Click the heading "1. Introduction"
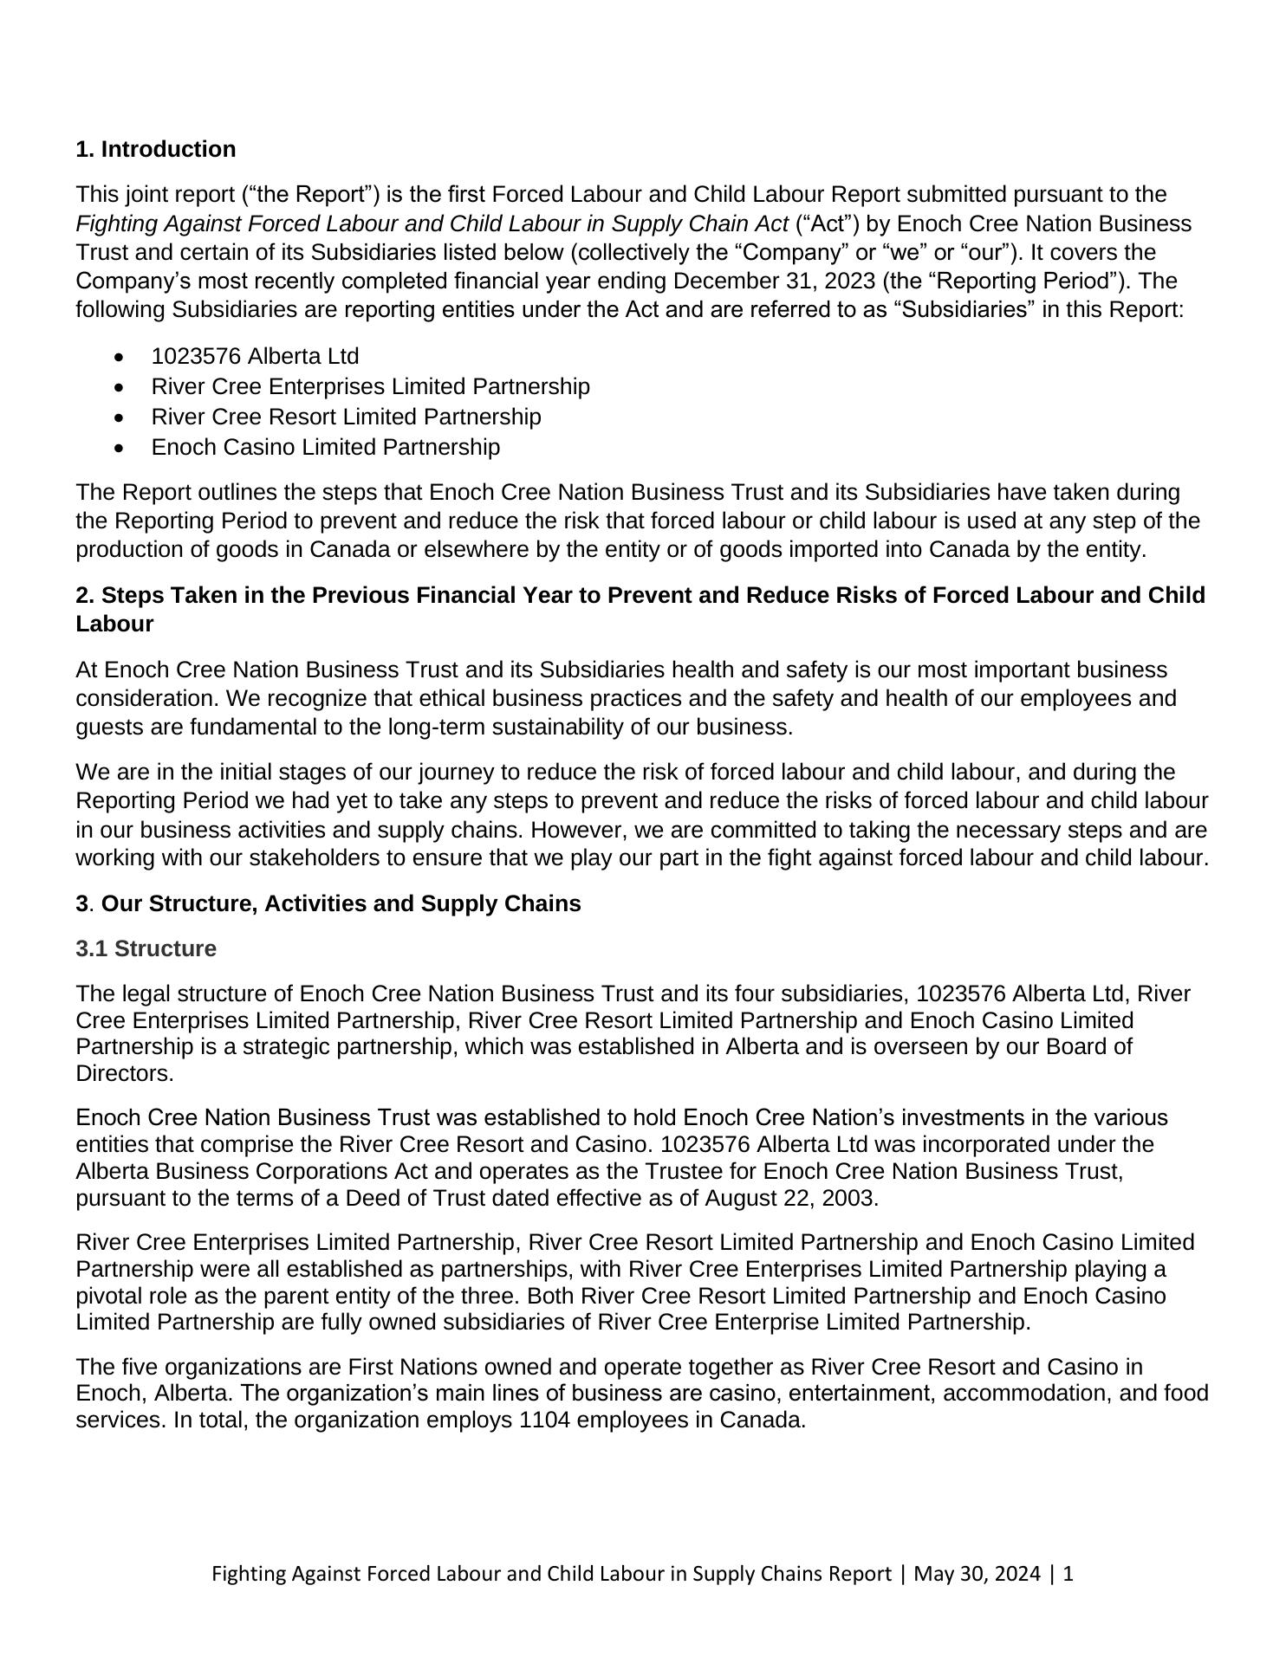pyautogui.click(x=156, y=150)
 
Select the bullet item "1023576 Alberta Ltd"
pyautogui.click(x=255, y=356)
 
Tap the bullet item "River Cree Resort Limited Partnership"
pyautogui.click(x=346, y=417)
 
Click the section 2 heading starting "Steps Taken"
pyautogui.click(x=640, y=596)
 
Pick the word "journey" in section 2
pyautogui.click(x=457, y=773)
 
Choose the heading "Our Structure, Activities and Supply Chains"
pyautogui.click(x=341, y=904)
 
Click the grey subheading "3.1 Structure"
pyautogui.click(x=146, y=949)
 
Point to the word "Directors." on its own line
pyautogui.click(x=125, y=1074)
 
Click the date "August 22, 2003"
pyautogui.click(x=790, y=1199)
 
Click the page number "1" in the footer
pyautogui.click(x=1068, y=1574)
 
